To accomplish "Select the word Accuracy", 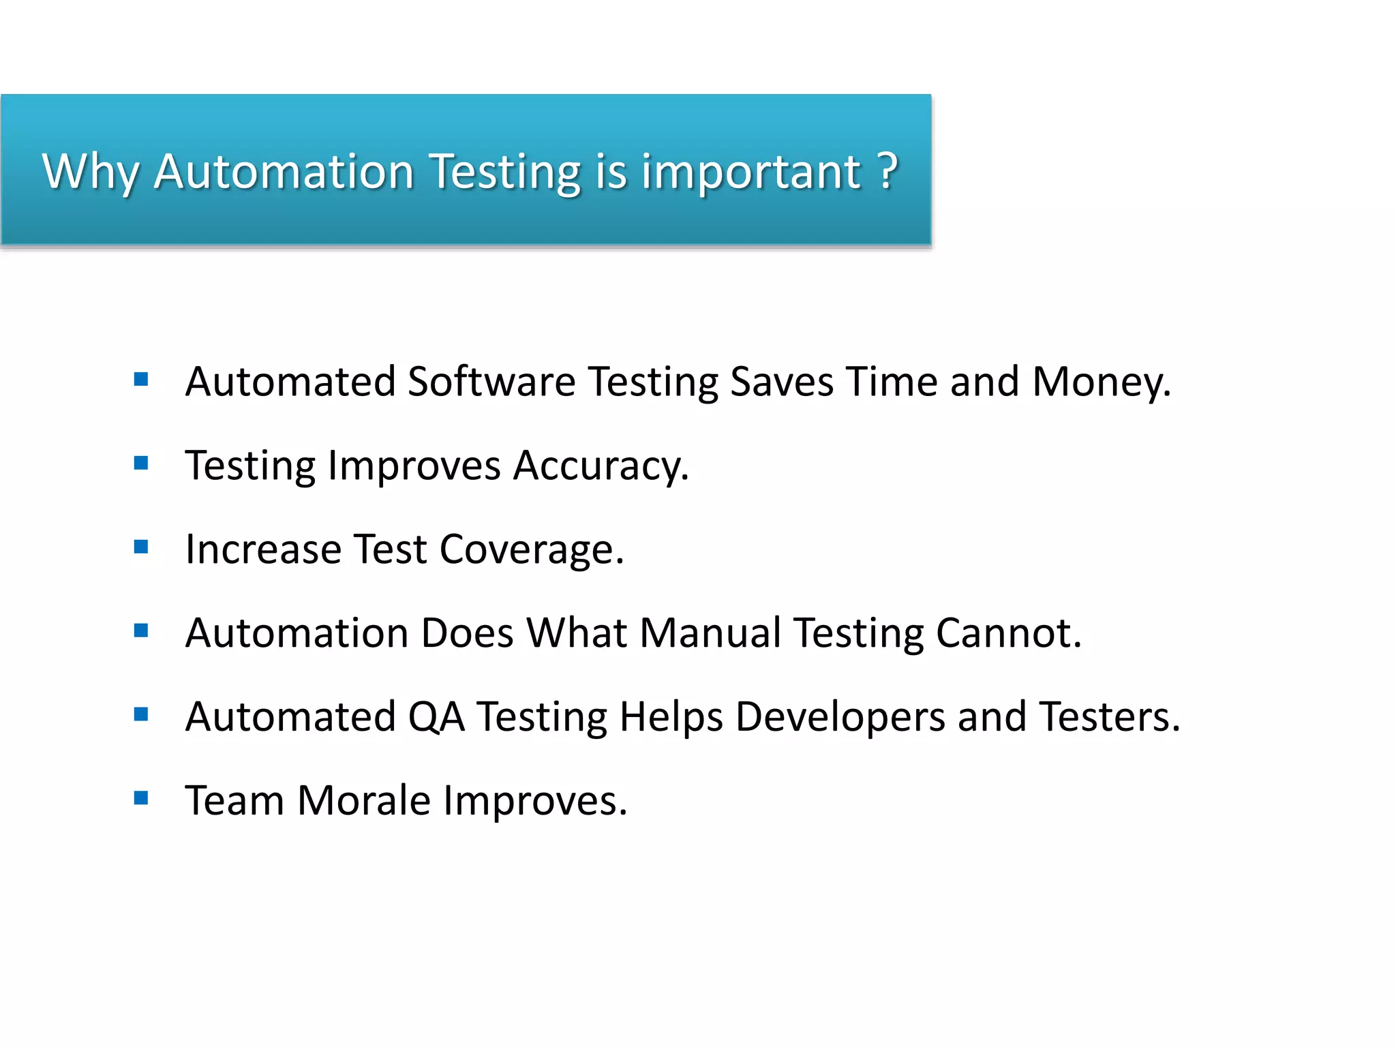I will coord(600,466).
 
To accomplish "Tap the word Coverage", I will coord(531,549).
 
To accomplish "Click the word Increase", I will coord(263,549).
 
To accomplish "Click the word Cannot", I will coord(1007,633).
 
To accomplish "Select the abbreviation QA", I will coord(436,717).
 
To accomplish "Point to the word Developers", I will coord(840,717).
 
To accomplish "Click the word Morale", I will coord(364,800).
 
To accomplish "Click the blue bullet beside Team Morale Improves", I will coord(141,798).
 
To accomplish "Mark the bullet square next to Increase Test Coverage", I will coord(141,547).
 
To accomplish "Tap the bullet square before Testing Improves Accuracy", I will coord(141,464).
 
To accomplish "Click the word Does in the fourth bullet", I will coord(467,633).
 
